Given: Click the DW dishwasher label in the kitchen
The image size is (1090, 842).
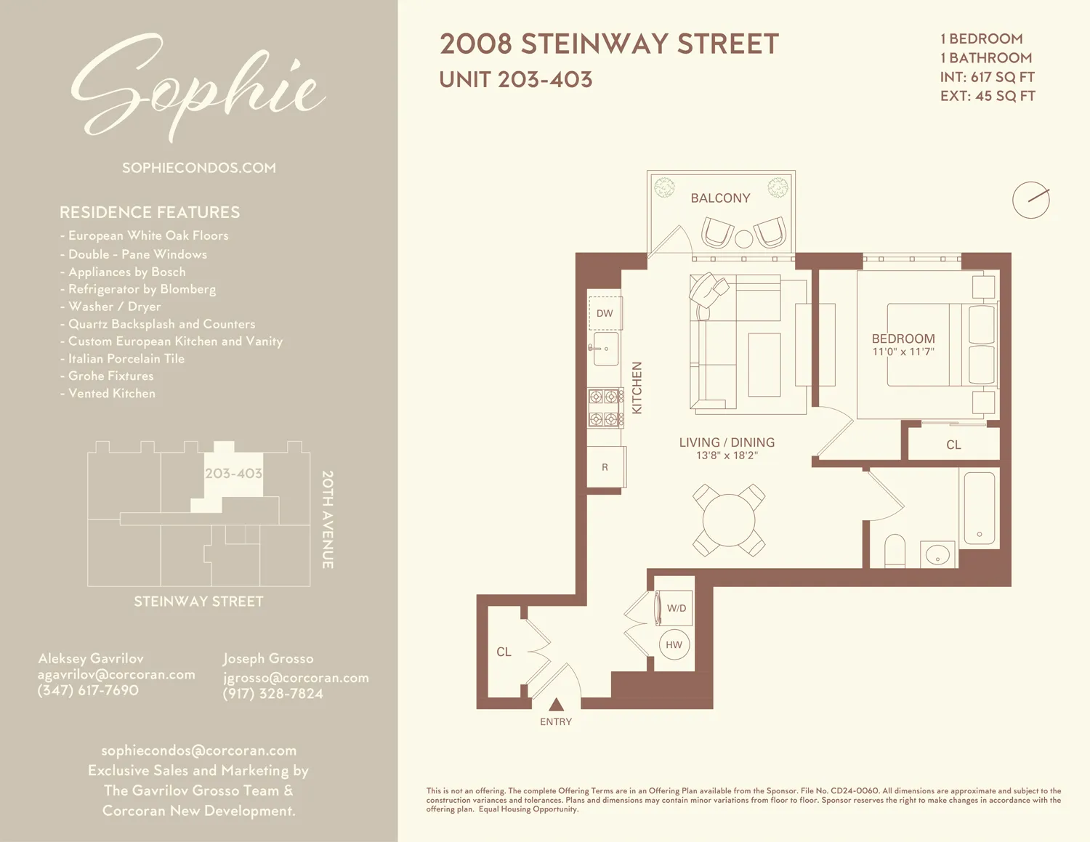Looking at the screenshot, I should pyautogui.click(x=605, y=314).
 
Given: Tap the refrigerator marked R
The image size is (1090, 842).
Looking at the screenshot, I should pyautogui.click(x=605, y=468).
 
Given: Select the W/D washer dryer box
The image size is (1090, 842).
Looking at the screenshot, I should pyautogui.click(x=676, y=608).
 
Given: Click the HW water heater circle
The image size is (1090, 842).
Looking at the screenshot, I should pyautogui.click(x=674, y=645).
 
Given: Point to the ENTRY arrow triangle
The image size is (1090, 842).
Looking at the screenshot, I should pyautogui.click(x=556, y=704).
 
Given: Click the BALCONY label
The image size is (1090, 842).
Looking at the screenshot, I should pyautogui.click(x=720, y=198).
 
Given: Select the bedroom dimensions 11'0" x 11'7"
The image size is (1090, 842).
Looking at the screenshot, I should pyautogui.click(x=903, y=352).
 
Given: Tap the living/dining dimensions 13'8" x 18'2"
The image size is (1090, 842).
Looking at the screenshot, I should pyautogui.click(x=727, y=456).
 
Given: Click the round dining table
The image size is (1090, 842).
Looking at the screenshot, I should pyautogui.click(x=729, y=520).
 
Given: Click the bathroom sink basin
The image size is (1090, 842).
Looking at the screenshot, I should pyautogui.click(x=938, y=555).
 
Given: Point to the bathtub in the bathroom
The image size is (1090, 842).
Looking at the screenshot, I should pyautogui.click(x=979, y=508).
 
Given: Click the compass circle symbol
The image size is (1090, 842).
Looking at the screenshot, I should pyautogui.click(x=1031, y=200).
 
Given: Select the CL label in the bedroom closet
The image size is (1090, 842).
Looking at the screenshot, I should pyautogui.click(x=953, y=445).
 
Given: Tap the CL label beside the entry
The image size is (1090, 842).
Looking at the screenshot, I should pyautogui.click(x=504, y=652).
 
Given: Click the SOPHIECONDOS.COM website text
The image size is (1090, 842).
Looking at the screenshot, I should pyautogui.click(x=199, y=168).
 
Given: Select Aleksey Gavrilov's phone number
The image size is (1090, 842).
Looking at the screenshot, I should pyautogui.click(x=88, y=691).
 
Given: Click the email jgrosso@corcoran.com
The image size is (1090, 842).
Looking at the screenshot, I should pyautogui.click(x=296, y=678).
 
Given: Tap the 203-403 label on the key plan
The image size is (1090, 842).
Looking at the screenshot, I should pyautogui.click(x=233, y=474).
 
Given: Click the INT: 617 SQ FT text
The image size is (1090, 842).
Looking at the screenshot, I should pyautogui.click(x=987, y=77).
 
